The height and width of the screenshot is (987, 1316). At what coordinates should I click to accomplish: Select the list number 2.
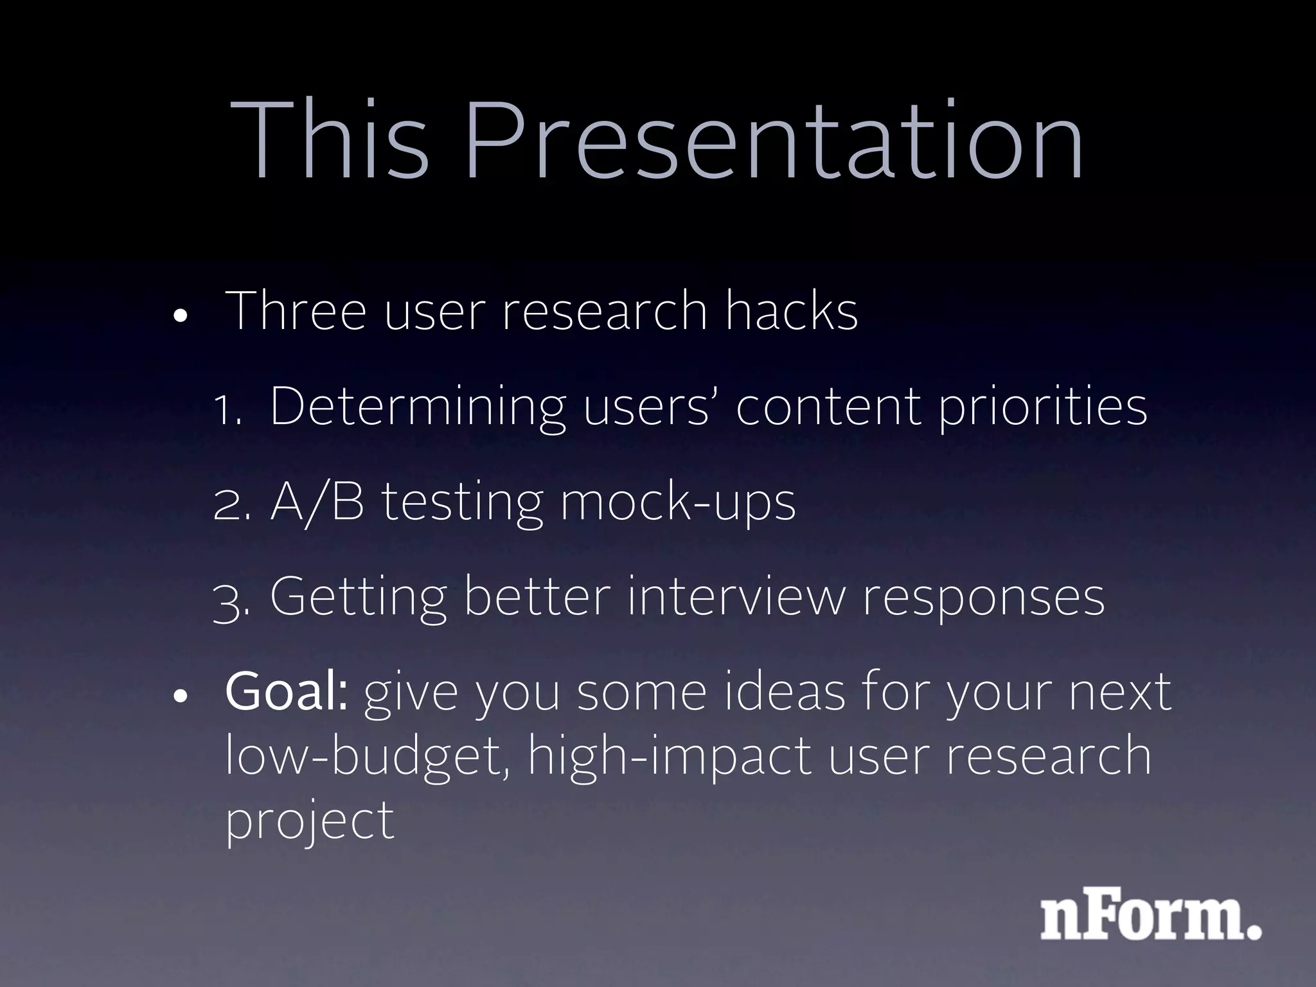click(231, 504)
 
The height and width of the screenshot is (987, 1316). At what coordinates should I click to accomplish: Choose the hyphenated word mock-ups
click(678, 504)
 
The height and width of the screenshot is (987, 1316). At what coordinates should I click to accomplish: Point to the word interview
click(736, 597)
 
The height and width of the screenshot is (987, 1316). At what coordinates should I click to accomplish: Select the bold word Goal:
click(287, 692)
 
